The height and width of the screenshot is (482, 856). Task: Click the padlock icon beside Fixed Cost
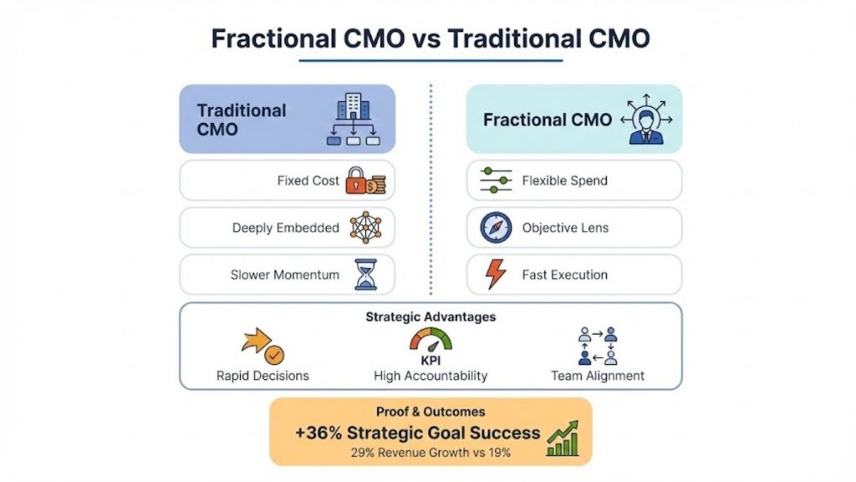356,181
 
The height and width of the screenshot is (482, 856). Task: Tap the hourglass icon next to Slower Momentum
364,274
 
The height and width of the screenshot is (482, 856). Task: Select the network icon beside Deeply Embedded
364,228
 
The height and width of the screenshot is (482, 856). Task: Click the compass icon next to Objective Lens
496,228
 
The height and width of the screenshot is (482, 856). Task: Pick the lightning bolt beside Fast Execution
495,274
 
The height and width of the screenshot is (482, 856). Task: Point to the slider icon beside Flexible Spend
496,181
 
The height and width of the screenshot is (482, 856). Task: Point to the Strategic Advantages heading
431,317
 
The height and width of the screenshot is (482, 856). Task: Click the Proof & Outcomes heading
431,412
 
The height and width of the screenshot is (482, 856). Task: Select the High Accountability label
431,376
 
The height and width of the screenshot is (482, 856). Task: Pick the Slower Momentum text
285,274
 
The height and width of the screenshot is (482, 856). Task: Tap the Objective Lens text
565,228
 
